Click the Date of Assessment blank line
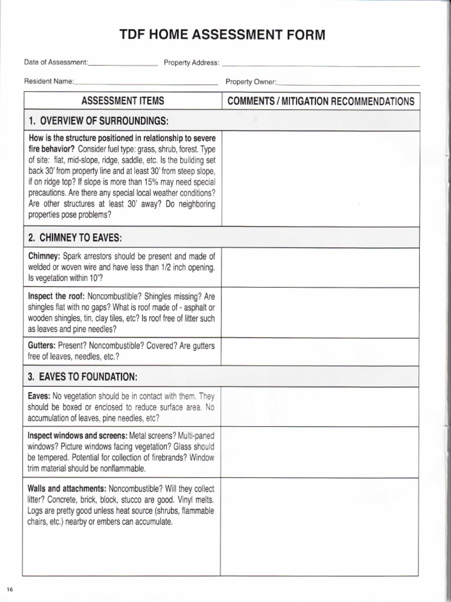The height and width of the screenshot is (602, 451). point(123,63)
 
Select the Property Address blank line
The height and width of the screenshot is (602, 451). point(321,63)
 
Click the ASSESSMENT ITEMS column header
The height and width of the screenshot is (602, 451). point(122,101)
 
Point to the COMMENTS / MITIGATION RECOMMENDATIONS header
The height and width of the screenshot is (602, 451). point(321,101)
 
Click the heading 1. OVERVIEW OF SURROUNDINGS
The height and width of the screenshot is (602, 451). point(98,121)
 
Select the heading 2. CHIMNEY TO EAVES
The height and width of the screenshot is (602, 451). point(75,238)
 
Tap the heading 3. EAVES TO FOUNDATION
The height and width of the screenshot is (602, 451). point(83,376)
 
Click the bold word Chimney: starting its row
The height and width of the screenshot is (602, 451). point(44,256)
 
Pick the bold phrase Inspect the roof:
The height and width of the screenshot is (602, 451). point(56,296)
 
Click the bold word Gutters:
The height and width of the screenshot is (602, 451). point(42,346)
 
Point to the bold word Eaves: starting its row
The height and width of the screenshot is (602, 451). point(39,396)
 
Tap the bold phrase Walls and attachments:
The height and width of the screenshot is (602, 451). point(67,489)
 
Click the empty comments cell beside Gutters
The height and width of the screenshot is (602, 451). point(321,352)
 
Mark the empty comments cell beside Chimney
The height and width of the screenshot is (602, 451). point(321,267)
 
